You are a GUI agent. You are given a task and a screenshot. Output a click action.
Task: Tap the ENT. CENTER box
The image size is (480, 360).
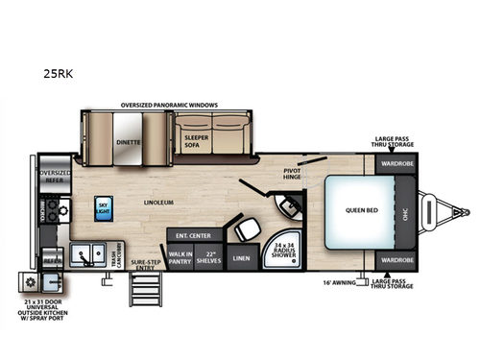pyautogui.click(x=187, y=235)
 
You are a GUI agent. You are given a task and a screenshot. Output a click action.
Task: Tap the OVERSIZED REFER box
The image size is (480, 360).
pyautogui.click(x=56, y=177)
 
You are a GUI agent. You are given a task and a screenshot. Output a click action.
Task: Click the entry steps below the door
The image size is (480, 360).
pyautogui.click(x=133, y=288)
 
